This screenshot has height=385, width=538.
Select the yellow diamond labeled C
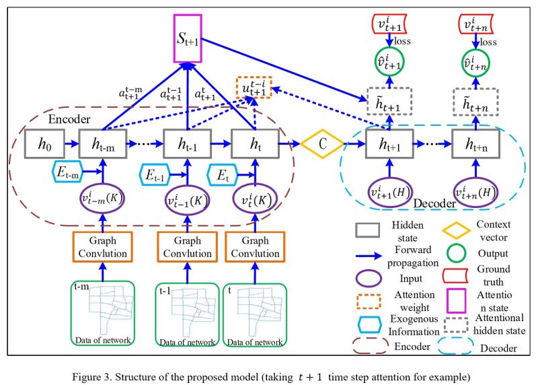321,143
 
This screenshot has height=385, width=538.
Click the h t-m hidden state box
102,144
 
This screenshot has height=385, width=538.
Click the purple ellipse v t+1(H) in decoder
388,190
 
